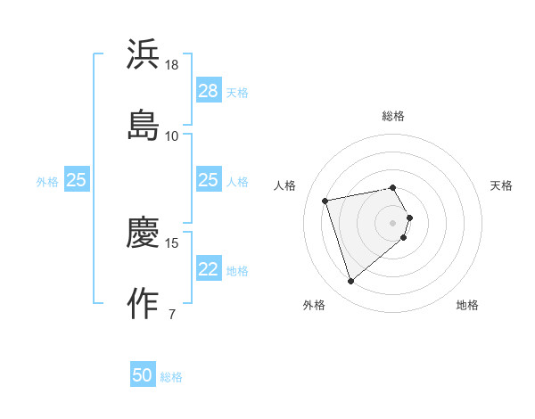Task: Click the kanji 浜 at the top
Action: pyautogui.click(x=143, y=53)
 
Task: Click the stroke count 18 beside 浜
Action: pyautogui.click(x=172, y=65)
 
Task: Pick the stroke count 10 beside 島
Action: pyautogui.click(x=172, y=136)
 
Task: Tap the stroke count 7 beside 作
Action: pyautogui.click(x=172, y=314)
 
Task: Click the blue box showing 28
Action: pyautogui.click(x=208, y=91)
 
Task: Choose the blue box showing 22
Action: pyautogui.click(x=208, y=269)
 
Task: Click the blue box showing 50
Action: pyautogui.click(x=143, y=375)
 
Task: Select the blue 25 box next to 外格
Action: pyautogui.click(x=77, y=180)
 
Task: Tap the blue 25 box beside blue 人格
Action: pyautogui.click(x=208, y=180)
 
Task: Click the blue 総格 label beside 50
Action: pyautogui.click(x=171, y=377)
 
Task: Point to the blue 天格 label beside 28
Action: pyautogui.click(x=237, y=92)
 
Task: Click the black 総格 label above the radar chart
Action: pyautogui.click(x=393, y=116)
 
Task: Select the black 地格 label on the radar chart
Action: pyautogui.click(x=467, y=305)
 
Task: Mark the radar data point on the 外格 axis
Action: pyautogui.click(x=351, y=282)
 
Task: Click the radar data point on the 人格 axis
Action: pyautogui.click(x=325, y=200)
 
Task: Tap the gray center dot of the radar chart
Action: pyautogui.click(x=393, y=222)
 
